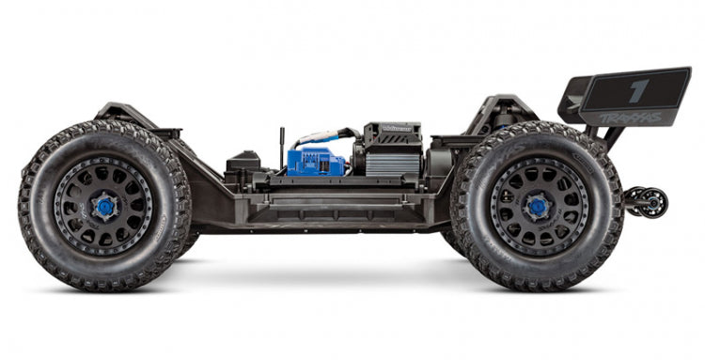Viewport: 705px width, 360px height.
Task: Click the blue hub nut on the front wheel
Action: (104, 206)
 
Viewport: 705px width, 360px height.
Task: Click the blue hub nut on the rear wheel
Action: (538, 206)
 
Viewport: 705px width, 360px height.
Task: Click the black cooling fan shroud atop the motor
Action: (391, 134)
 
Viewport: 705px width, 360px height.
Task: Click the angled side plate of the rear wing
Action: (574, 98)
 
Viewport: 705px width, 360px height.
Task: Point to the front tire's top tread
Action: (103, 129)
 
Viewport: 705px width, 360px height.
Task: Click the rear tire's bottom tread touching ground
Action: (538, 284)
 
